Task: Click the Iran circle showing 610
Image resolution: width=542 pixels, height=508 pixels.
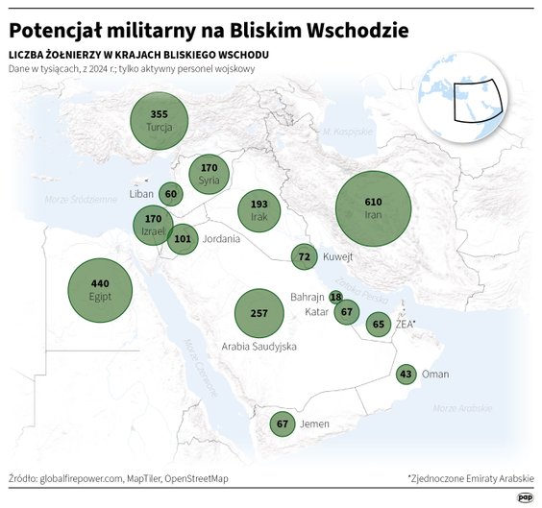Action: (x=373, y=209)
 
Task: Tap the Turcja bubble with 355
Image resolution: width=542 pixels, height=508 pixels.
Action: (x=159, y=121)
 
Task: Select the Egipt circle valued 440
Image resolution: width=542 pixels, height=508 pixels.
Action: (x=100, y=289)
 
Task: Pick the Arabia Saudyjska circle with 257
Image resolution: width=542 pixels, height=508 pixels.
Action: (x=259, y=314)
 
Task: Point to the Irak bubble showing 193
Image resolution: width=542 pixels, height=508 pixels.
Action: (x=259, y=211)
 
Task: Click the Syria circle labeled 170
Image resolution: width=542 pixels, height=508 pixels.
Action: (x=209, y=174)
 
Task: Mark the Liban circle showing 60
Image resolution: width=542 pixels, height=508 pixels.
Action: (x=171, y=194)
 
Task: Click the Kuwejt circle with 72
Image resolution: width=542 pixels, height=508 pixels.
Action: (x=305, y=256)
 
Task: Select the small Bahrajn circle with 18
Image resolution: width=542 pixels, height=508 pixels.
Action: (x=335, y=298)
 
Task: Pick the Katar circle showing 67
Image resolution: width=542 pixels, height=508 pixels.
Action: (x=348, y=312)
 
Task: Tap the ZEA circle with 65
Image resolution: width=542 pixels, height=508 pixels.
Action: (x=378, y=325)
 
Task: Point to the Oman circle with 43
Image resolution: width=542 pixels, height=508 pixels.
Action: (x=406, y=375)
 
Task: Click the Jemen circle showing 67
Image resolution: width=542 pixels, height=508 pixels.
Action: (x=282, y=423)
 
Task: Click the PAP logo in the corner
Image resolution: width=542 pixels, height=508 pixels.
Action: (x=525, y=496)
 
